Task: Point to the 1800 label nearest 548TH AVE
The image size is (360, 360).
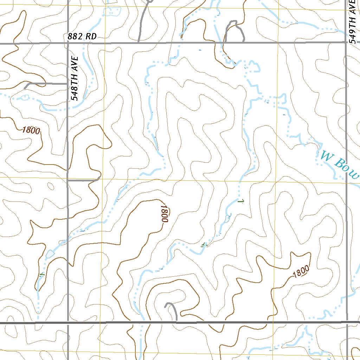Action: click(x=31, y=130)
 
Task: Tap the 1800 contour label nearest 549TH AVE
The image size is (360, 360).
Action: click(x=301, y=271)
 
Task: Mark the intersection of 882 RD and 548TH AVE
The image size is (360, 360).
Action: click(x=67, y=43)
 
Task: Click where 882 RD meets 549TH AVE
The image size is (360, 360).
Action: click(x=346, y=43)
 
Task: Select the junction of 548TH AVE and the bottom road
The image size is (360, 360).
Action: click(x=67, y=322)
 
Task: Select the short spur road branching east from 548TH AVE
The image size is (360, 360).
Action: click(x=83, y=180)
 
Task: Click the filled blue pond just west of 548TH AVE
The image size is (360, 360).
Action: click(x=50, y=253)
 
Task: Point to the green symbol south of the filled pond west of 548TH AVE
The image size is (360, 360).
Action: click(x=43, y=274)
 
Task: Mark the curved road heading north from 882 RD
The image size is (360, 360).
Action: click(x=143, y=21)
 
